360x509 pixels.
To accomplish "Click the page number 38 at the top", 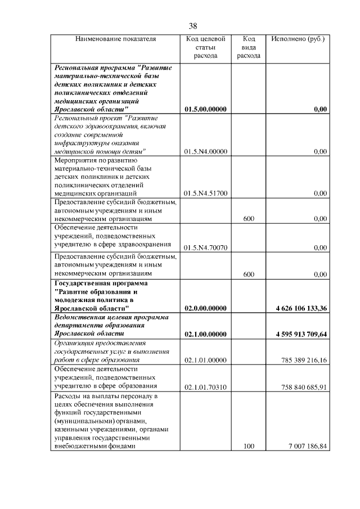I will click(x=193, y=26).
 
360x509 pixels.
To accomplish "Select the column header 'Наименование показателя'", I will click(x=116, y=39).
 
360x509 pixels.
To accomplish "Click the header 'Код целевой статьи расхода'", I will click(x=205, y=47).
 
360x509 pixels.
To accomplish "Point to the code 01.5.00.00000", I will click(x=205, y=109).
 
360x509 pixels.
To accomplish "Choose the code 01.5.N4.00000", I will click(x=205, y=151).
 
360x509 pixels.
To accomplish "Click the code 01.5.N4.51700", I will click(x=205, y=193).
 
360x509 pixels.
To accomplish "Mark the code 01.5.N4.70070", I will click(x=205, y=247).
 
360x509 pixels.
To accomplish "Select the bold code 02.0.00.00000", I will click(x=205, y=308).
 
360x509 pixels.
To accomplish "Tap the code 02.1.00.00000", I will click(x=205, y=334).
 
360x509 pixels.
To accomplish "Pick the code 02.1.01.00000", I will click(x=205, y=360).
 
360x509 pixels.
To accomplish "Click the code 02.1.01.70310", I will click(x=205, y=387).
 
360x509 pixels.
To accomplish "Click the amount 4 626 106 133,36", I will click(x=301, y=308).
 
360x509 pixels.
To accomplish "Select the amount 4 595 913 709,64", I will click(x=301, y=334).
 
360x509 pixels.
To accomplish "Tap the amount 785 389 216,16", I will click(x=303, y=360).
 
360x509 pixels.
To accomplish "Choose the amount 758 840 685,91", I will click(x=303, y=387).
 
